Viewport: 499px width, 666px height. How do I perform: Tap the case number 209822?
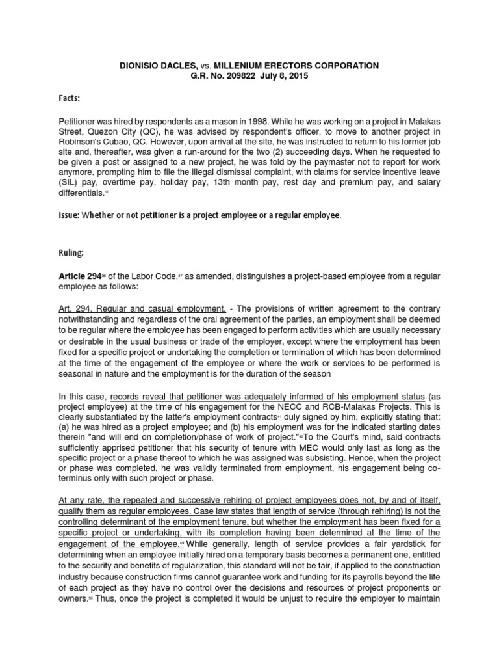[225, 76]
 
